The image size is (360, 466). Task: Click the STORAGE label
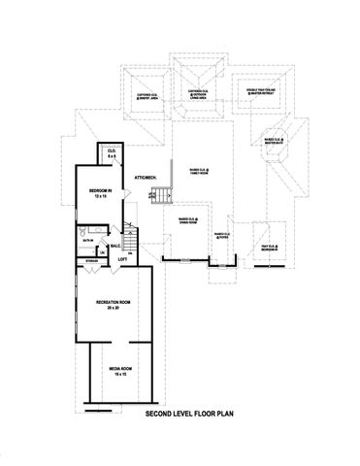[x=91, y=260]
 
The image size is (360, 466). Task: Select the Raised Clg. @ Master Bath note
[x=275, y=142]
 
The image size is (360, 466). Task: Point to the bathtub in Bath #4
[x=89, y=231]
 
